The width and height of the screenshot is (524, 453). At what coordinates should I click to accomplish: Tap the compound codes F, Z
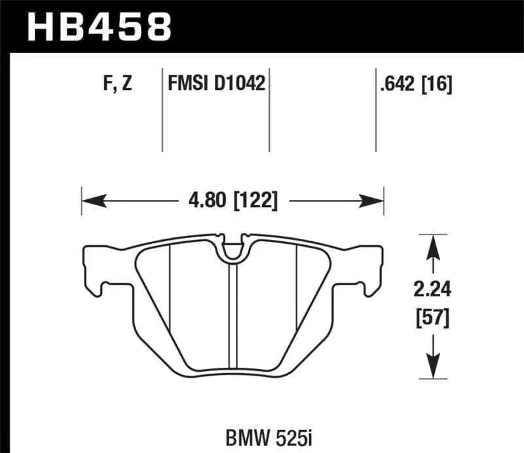tap(119, 85)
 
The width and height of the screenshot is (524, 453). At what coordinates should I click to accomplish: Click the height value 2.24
tap(432, 289)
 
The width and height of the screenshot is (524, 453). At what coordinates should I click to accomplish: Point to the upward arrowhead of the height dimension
tap(432, 244)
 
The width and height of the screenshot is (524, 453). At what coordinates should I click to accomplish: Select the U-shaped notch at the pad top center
tap(232, 249)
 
